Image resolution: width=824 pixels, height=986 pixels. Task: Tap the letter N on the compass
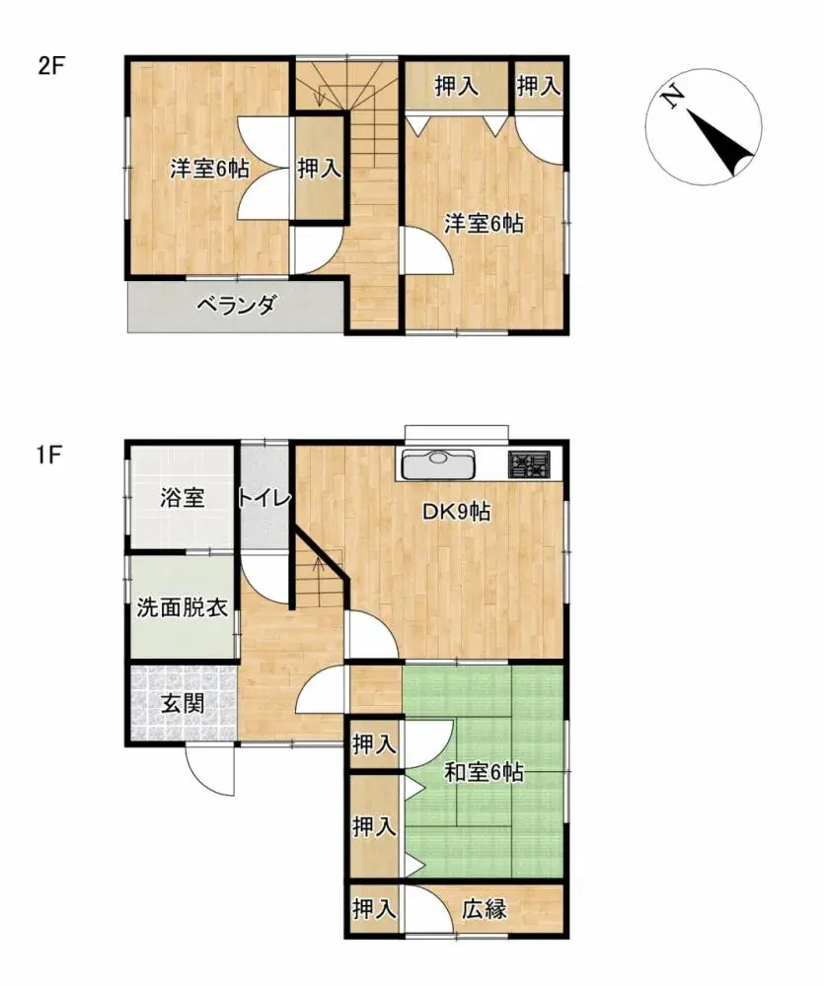tap(673, 97)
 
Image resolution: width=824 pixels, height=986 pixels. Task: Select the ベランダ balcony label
tap(235, 306)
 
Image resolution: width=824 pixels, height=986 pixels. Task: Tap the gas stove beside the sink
tap(530, 462)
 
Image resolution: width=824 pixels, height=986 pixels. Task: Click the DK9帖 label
tap(458, 512)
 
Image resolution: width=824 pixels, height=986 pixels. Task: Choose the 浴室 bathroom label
tap(183, 497)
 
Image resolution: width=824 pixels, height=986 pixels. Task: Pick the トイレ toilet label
tap(263, 499)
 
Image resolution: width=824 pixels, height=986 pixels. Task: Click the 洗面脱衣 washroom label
tap(182, 606)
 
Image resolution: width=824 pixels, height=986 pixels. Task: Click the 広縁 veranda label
tap(485, 909)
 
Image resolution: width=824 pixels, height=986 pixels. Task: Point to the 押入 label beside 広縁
tap(374, 909)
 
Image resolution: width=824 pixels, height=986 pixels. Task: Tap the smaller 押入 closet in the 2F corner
tap(539, 87)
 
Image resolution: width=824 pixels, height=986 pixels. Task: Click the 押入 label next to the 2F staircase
tap(320, 169)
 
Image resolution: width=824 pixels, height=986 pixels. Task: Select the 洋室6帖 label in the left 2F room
tap(208, 169)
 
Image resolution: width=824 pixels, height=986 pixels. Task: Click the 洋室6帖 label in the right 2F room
tap(483, 224)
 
